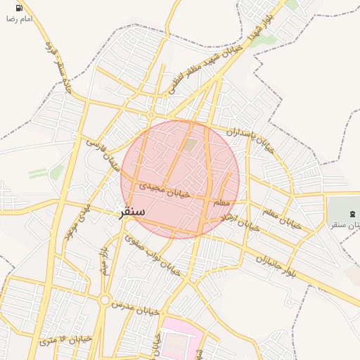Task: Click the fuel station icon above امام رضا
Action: point(18,8)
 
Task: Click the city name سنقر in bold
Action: point(131,211)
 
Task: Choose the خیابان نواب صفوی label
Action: point(153,254)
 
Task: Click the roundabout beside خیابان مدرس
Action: point(105,301)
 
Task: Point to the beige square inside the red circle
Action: point(190,145)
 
